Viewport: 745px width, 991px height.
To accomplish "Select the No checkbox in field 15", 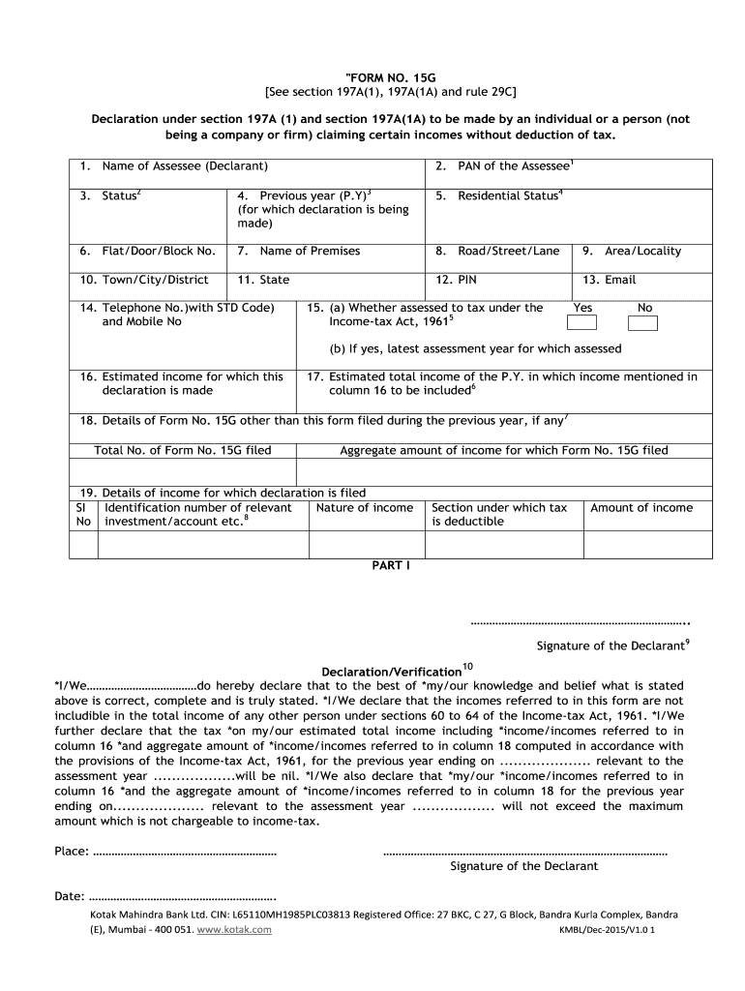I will click(642, 323).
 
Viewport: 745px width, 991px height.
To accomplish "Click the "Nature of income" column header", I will click(365, 508).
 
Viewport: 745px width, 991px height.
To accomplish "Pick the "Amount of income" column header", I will click(641, 508).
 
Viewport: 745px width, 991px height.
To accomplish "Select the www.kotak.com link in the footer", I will click(234, 929).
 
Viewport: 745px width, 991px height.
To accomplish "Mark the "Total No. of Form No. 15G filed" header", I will click(183, 451).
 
